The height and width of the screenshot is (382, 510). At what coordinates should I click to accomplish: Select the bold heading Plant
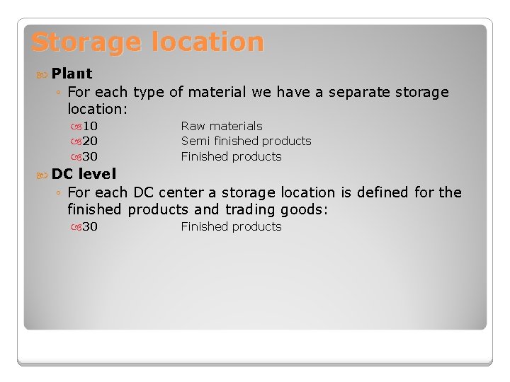click(x=72, y=74)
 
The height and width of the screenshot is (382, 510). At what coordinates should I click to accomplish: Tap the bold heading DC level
click(x=84, y=174)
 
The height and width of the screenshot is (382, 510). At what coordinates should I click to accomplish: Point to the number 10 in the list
click(x=90, y=126)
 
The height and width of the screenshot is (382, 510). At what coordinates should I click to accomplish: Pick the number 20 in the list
click(x=90, y=141)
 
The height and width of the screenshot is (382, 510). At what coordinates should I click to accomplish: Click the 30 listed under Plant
click(x=90, y=156)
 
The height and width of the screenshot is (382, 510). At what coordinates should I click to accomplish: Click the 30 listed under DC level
click(x=90, y=226)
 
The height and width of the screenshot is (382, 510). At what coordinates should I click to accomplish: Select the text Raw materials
click(x=222, y=126)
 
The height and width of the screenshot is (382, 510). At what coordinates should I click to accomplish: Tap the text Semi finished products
click(x=246, y=141)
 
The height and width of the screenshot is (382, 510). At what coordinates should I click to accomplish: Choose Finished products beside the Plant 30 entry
click(x=231, y=156)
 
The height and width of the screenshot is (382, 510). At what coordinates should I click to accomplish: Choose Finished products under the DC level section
click(x=231, y=226)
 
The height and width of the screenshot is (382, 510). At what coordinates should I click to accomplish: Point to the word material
click(x=216, y=93)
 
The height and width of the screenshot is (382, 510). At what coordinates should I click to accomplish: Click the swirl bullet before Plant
click(x=42, y=74)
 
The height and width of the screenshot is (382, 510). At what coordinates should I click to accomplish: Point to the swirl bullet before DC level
click(x=42, y=174)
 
